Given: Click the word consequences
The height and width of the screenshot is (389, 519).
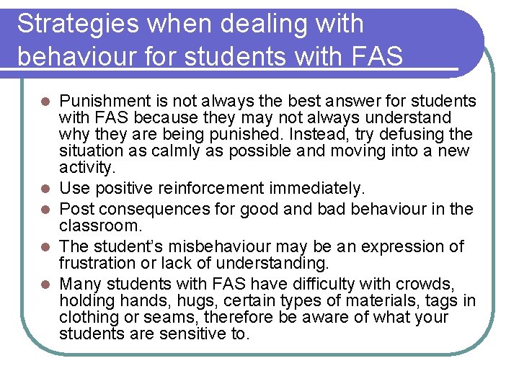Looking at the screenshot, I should point(153,209).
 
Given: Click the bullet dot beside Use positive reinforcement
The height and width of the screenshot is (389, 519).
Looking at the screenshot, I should point(45,189).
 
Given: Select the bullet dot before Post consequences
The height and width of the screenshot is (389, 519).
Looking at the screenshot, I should point(45,210).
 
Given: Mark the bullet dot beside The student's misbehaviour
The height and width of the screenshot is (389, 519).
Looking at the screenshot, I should point(45,247).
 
